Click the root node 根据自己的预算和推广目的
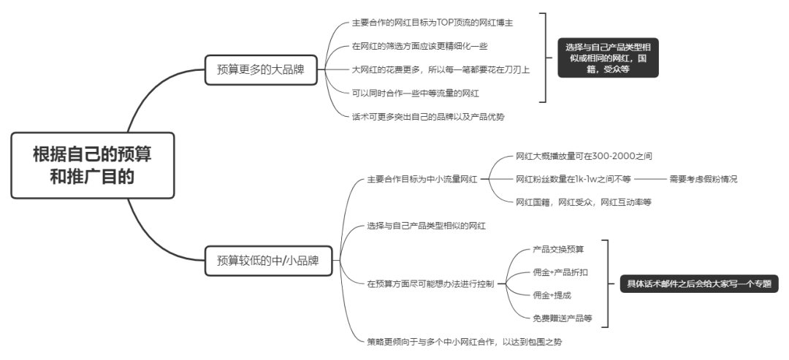click(93, 165)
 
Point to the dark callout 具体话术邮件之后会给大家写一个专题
click(694, 283)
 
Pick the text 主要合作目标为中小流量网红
click(422, 179)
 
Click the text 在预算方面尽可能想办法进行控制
click(431, 283)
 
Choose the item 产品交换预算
click(558, 249)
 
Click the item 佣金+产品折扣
click(560, 272)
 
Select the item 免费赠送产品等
click(562, 318)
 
